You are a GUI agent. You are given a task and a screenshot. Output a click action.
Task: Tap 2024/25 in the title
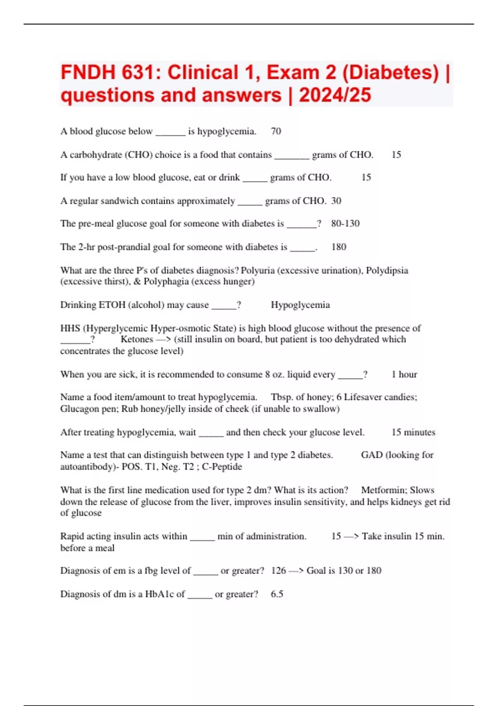click(x=335, y=95)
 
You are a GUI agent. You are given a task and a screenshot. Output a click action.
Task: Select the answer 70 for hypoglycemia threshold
click(x=276, y=131)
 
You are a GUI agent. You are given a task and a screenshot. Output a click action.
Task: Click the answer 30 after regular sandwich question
click(x=336, y=201)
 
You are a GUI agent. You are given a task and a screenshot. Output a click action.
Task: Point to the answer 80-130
click(x=345, y=223)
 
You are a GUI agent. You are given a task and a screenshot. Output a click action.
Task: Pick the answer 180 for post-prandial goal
click(x=339, y=247)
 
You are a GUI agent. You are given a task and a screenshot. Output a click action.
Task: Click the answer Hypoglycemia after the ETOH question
click(x=300, y=305)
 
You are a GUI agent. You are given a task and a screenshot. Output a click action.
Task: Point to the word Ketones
click(x=137, y=339)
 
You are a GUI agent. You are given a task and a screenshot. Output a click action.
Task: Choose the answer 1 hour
click(x=404, y=375)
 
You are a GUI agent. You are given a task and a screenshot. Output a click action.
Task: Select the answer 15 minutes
click(x=413, y=432)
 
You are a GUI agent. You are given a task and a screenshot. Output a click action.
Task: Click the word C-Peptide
click(x=222, y=467)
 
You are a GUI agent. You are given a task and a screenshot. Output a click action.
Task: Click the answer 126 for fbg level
click(x=278, y=571)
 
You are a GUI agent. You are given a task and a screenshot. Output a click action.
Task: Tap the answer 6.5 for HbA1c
click(x=277, y=594)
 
